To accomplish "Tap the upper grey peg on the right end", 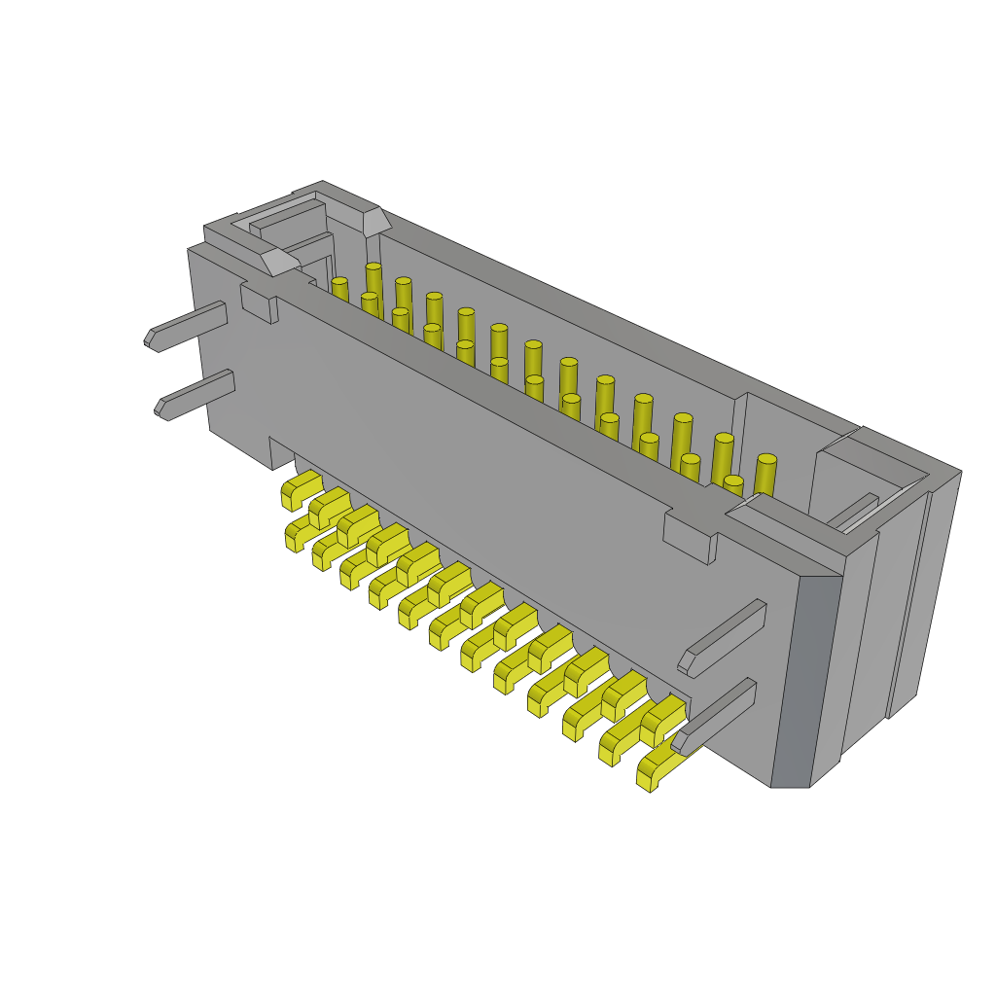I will [725, 637].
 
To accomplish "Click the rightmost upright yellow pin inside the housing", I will [765, 474].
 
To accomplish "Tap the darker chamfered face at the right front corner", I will [806, 681].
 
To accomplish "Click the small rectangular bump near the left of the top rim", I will [259, 304].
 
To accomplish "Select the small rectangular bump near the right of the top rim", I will [690, 538].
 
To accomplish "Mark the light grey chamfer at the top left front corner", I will [279, 261].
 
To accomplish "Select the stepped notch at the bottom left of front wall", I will [282, 453].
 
